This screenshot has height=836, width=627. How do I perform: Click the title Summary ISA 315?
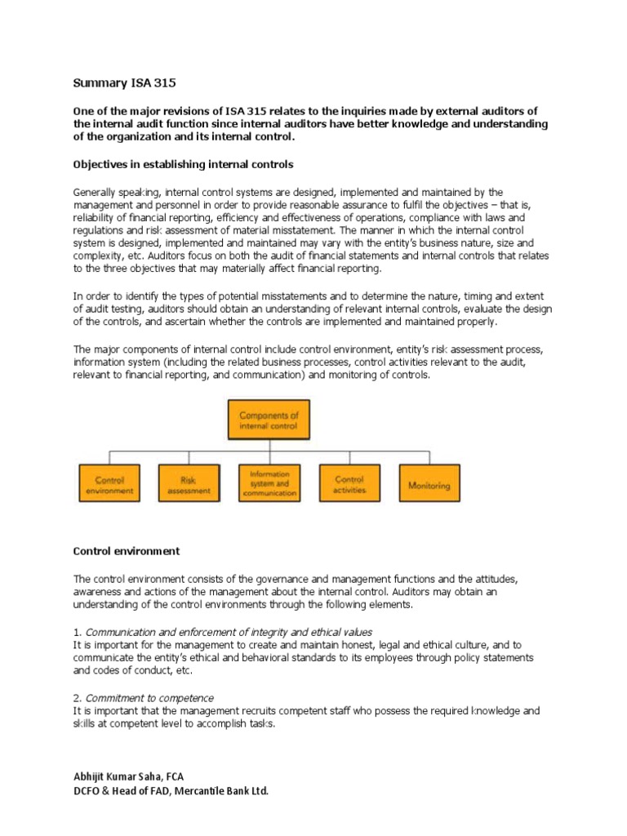click(x=125, y=82)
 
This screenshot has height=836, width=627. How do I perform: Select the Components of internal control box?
click(x=269, y=420)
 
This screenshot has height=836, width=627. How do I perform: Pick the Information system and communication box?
click(x=269, y=483)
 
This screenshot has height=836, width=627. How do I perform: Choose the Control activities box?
click(x=349, y=485)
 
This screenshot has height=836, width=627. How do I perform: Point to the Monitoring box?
click(x=429, y=485)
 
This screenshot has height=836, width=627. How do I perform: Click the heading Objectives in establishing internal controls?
click(x=183, y=164)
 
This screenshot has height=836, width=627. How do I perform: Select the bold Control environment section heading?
click(x=127, y=551)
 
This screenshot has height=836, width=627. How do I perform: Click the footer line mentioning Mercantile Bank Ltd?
click(x=171, y=791)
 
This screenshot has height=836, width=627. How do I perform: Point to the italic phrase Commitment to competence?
click(x=149, y=698)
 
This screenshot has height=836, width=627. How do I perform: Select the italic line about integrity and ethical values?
click(x=229, y=632)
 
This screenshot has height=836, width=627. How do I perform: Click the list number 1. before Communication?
click(x=78, y=632)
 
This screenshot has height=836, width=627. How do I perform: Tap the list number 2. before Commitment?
click(x=78, y=698)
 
